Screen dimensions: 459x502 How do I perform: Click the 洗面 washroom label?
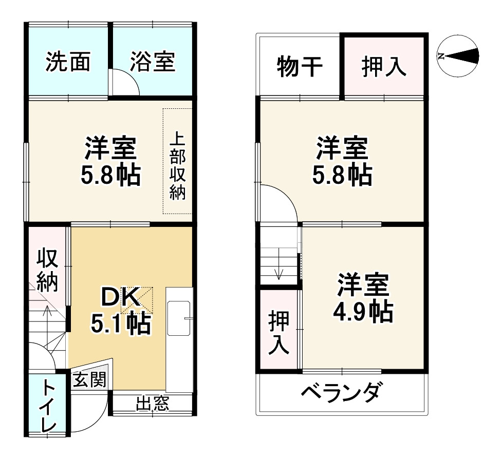click(x=68, y=62)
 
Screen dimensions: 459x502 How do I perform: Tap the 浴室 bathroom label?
click(x=152, y=62)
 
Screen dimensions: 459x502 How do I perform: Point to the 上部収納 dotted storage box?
click(x=177, y=161)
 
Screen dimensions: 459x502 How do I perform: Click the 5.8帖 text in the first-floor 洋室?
click(x=110, y=176)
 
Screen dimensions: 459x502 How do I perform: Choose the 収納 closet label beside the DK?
click(x=47, y=271)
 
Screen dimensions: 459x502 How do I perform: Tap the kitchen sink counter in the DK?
click(x=179, y=319)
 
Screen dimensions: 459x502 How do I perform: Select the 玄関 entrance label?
click(x=89, y=380)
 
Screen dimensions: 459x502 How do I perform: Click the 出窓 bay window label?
click(x=152, y=404)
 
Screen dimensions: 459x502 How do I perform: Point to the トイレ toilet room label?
click(x=48, y=405)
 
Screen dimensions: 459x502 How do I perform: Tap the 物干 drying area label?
click(x=300, y=66)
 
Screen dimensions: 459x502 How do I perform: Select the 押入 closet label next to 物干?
click(x=384, y=67)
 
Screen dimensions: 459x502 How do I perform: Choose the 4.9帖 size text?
click(x=365, y=311)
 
